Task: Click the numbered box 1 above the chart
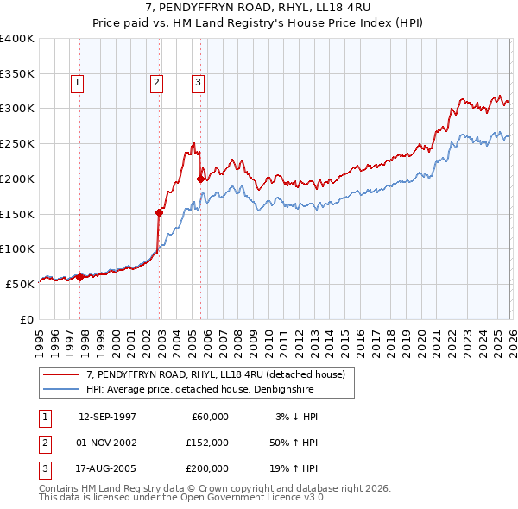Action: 77,83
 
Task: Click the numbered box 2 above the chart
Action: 156,83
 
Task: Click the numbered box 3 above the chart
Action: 198,83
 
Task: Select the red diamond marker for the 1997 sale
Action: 79,277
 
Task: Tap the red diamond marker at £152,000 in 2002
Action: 160,212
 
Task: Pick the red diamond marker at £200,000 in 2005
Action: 201,179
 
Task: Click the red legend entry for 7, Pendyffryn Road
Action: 216,374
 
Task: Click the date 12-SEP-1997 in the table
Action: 107,417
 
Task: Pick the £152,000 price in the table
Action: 207,443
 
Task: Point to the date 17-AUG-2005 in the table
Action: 107,468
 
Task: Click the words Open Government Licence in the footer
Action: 242,497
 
